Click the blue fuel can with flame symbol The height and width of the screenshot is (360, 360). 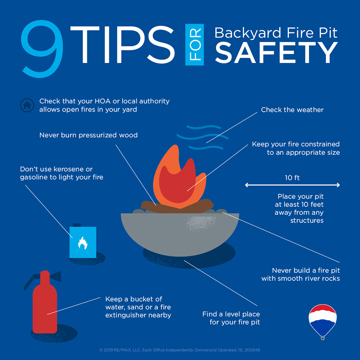(x=83, y=242)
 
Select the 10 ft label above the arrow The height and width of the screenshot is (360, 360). (x=292, y=178)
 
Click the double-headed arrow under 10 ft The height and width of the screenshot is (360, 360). (x=292, y=185)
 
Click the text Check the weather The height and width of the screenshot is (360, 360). (x=292, y=110)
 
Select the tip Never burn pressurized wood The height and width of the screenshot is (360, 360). (x=88, y=135)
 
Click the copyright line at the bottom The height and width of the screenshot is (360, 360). (x=180, y=350)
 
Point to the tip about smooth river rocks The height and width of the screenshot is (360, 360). (x=301, y=274)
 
